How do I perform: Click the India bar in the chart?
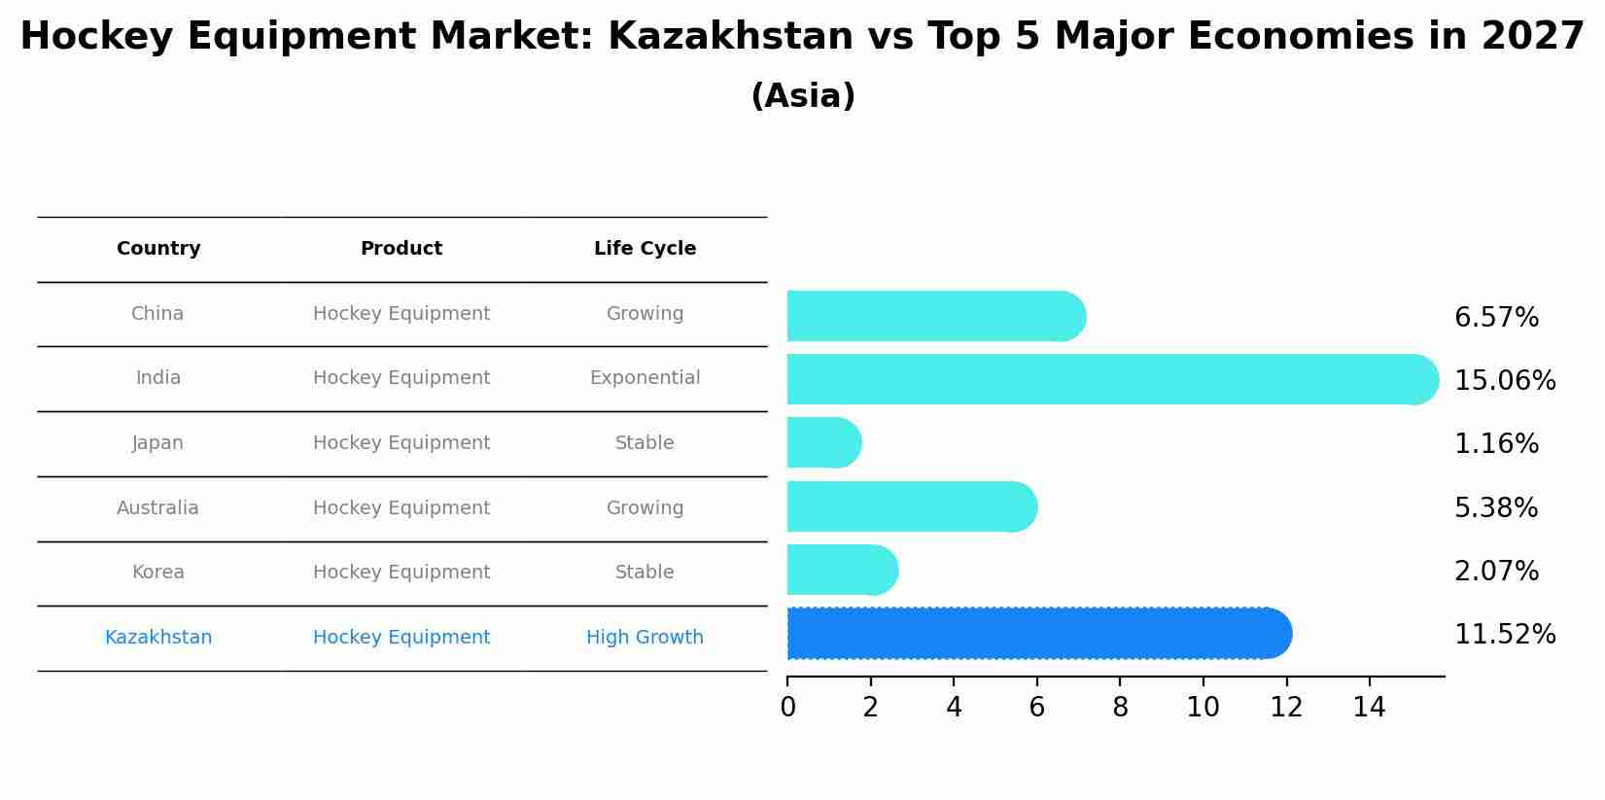[1108, 379]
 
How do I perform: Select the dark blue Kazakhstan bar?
[1035, 634]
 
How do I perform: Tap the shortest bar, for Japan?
[822, 443]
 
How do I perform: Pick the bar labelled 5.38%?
[909, 506]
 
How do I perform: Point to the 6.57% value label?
[1496, 318]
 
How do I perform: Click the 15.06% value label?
[1505, 381]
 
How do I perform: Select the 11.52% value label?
[1505, 635]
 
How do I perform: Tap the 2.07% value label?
[1496, 572]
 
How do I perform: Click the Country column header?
[158, 249]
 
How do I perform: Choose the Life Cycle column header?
[645, 249]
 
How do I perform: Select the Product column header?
[401, 249]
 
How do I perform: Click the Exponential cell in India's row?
[645, 378]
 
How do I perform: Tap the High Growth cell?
[645, 638]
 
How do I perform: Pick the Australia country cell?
[157, 508]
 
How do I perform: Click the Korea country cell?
[157, 573]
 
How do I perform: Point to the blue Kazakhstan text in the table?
[158, 638]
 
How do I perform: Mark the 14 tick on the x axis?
[1369, 708]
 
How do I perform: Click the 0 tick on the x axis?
[787, 708]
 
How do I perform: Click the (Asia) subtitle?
[803, 96]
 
